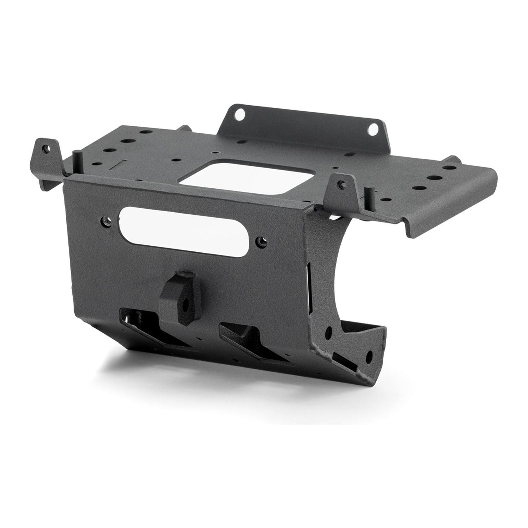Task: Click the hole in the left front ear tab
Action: point(45,148)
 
